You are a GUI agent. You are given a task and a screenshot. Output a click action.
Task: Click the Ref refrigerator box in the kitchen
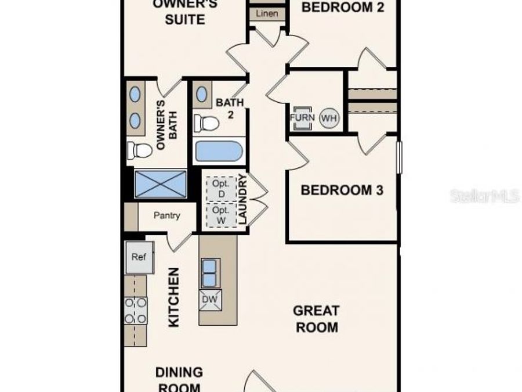pos(139,257)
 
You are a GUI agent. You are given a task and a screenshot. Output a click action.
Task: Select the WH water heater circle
pos(329,118)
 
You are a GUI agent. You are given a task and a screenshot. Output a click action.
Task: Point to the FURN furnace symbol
pos(302,118)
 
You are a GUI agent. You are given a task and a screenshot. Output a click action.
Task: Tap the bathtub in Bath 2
pos(218,152)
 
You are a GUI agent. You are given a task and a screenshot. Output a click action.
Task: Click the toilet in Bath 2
pos(206,123)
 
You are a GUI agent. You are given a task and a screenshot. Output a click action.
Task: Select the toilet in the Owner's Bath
pos(140,150)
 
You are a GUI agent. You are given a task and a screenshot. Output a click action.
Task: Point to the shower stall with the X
pos(161,184)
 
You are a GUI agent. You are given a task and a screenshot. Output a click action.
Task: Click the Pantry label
pos(166,215)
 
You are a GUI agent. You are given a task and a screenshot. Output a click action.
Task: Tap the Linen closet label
pos(266,13)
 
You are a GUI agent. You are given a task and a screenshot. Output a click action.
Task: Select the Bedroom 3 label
pos(342,190)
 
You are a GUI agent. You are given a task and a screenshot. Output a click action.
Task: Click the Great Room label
pos(317,319)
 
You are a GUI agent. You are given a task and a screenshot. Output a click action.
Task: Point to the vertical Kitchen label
pos(173,297)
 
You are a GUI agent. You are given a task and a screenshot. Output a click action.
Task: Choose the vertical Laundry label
pos(242,201)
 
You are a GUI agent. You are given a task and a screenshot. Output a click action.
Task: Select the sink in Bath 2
pos(202,93)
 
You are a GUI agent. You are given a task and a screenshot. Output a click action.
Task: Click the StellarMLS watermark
pos(484,196)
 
